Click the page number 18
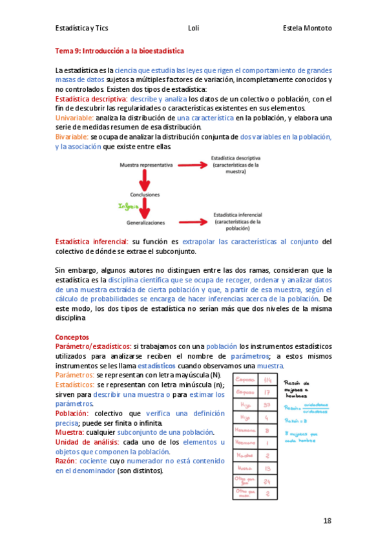(x=328, y=521)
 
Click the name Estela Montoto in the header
(x=307, y=28)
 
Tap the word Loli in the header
(x=193, y=28)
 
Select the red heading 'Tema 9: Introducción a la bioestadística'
(x=120, y=50)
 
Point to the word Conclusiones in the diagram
(x=145, y=194)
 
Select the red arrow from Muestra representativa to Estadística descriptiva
(x=191, y=165)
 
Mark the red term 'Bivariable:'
(x=72, y=138)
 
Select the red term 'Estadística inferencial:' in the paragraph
(x=92, y=241)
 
